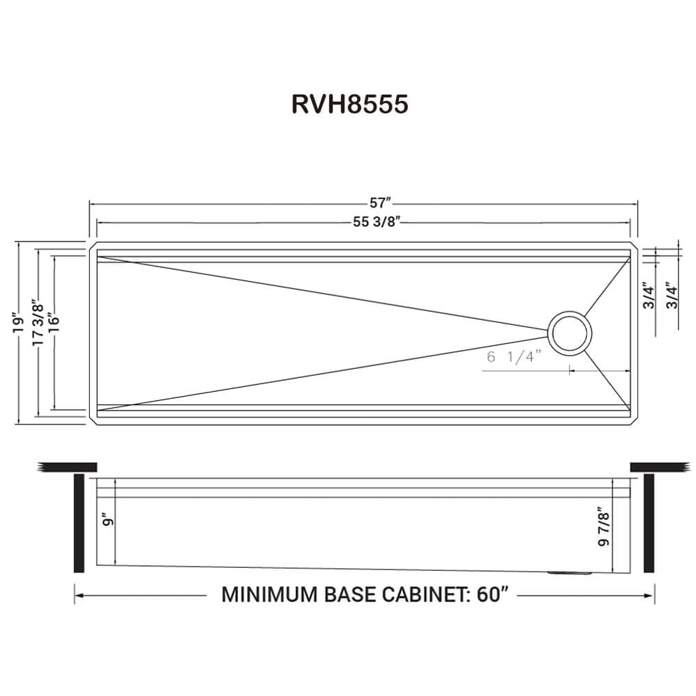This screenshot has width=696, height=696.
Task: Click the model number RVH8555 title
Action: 349,104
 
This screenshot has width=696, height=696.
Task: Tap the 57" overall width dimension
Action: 380,203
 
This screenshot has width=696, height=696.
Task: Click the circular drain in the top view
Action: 571,331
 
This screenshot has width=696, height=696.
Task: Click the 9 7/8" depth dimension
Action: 604,530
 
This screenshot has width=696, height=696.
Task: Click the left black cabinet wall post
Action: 79,522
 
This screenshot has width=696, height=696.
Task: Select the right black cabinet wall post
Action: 649,522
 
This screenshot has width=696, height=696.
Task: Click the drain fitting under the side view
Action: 569,573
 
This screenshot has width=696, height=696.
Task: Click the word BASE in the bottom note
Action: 351,595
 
